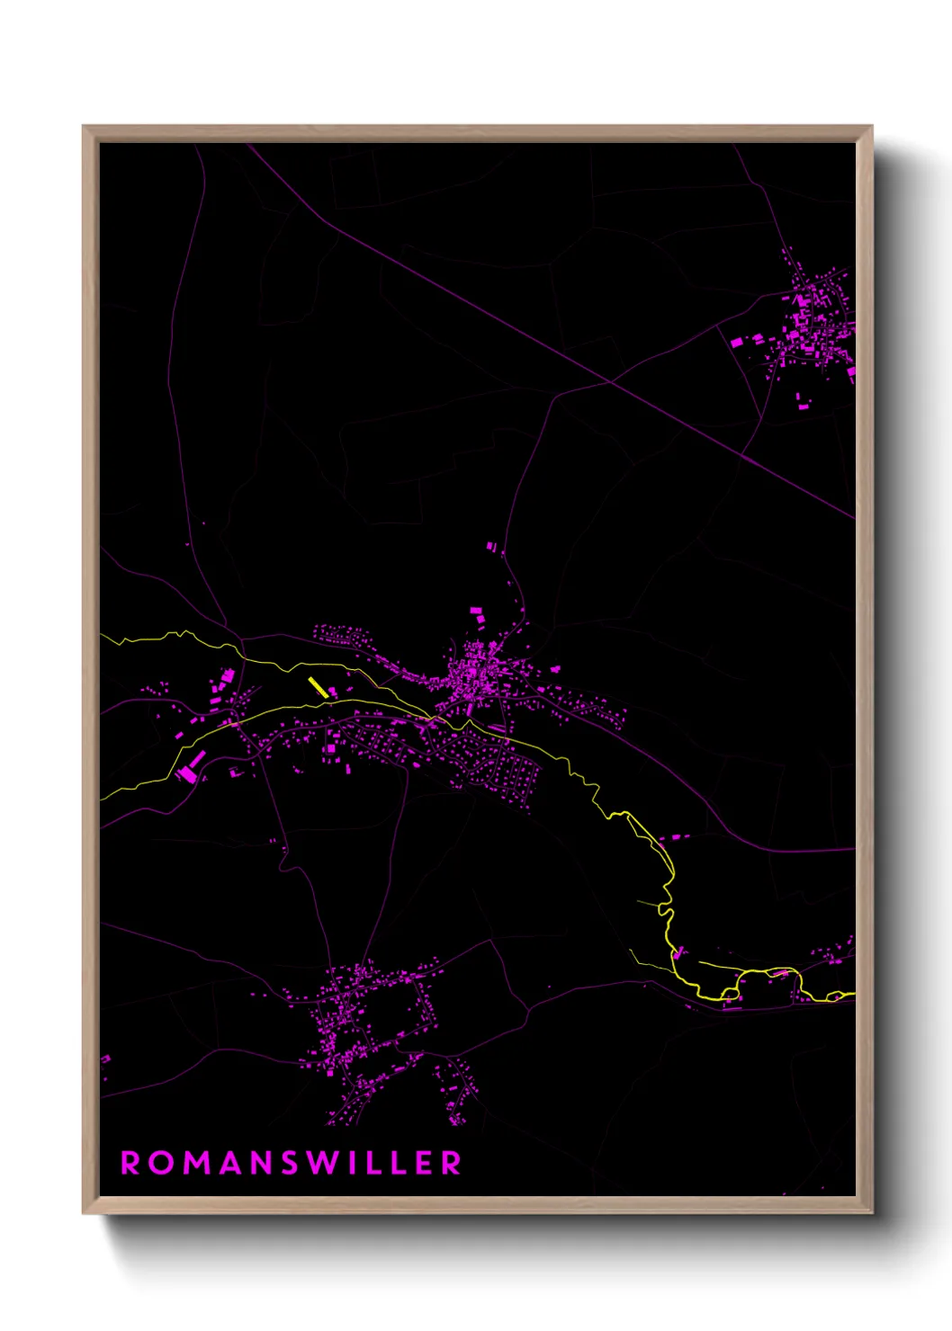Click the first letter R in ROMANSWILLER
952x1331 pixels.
[x=130, y=1163]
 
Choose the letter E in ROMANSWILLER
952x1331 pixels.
[x=422, y=1163]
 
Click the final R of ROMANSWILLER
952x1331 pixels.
[x=452, y=1163]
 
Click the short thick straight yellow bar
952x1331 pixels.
[x=318, y=687]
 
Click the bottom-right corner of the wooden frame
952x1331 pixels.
[x=871, y=1212]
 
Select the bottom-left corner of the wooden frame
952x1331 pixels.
[x=85, y=1212]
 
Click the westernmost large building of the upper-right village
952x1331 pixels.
[x=737, y=342]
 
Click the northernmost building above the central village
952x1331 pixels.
[x=490, y=546]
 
